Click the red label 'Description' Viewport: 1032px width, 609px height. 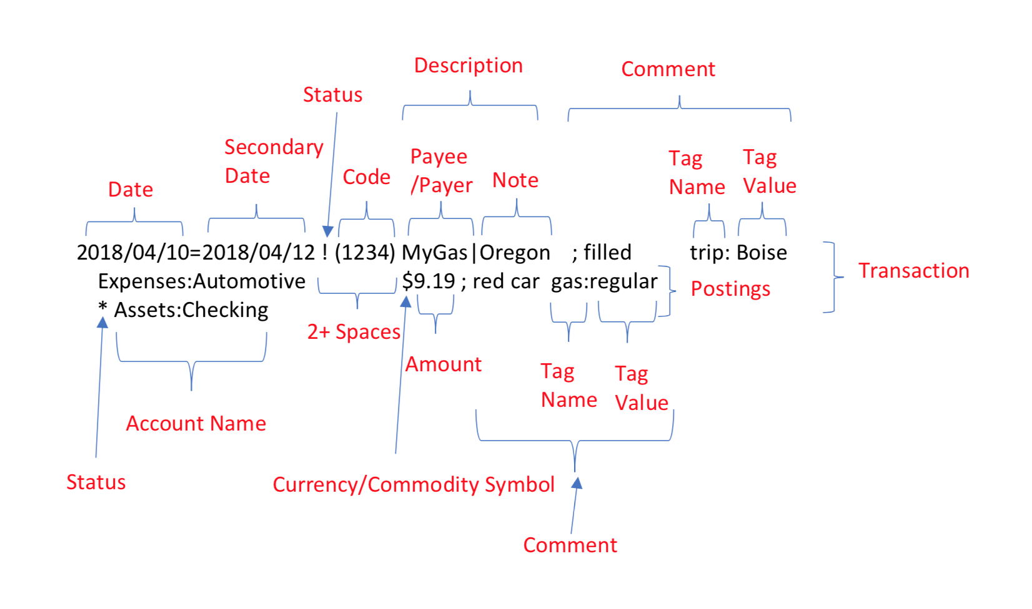pos(468,66)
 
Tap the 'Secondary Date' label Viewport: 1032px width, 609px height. pos(273,161)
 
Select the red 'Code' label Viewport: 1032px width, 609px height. pos(366,177)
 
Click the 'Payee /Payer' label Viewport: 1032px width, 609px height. pos(440,171)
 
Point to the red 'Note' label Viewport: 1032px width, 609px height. pos(515,180)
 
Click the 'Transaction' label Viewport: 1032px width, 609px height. pos(913,271)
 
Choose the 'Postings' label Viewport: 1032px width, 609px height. pos(730,289)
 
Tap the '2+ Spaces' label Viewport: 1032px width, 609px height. pos(354,332)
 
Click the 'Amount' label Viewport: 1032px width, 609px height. pos(444,364)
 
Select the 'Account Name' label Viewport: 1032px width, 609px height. pos(196,424)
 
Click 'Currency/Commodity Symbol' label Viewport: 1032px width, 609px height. pos(414,485)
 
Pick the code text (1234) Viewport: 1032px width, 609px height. pos(365,253)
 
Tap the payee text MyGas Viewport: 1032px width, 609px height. pos(434,253)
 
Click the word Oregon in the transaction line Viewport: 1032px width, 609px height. pos(515,253)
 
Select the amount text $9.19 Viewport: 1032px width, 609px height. pos(429,281)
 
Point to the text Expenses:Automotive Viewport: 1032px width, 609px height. pos(202,281)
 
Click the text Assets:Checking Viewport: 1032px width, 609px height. pos(191,310)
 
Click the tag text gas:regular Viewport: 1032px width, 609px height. pos(604,281)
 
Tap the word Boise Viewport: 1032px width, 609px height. pos(762,253)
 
